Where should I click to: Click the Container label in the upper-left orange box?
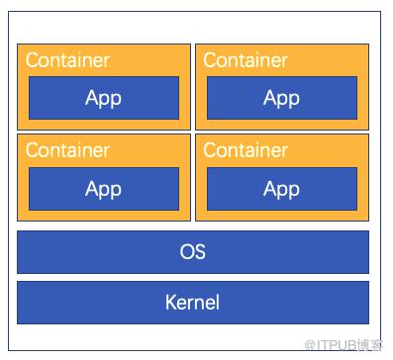[67, 60]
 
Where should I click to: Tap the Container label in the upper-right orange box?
[246, 60]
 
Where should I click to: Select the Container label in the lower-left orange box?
[67, 150]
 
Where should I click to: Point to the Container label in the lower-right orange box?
[246, 150]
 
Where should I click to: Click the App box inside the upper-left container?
[104, 98]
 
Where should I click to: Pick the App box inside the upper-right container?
[282, 98]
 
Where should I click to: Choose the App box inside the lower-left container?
[104, 189]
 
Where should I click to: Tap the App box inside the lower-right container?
[282, 189]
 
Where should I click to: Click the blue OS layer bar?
[193, 252]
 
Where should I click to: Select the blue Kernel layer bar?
[193, 303]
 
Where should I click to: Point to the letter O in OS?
[186, 251]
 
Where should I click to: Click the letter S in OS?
[200, 251]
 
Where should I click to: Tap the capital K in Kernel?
[171, 303]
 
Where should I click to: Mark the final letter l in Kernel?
[217, 302]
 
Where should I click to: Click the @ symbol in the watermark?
[310, 345]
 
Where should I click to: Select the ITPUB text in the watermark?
[337, 345]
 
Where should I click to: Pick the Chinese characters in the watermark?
[369, 345]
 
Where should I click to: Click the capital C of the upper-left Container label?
[32, 60]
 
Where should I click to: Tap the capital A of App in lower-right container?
[270, 188]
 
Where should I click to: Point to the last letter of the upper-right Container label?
[285, 62]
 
